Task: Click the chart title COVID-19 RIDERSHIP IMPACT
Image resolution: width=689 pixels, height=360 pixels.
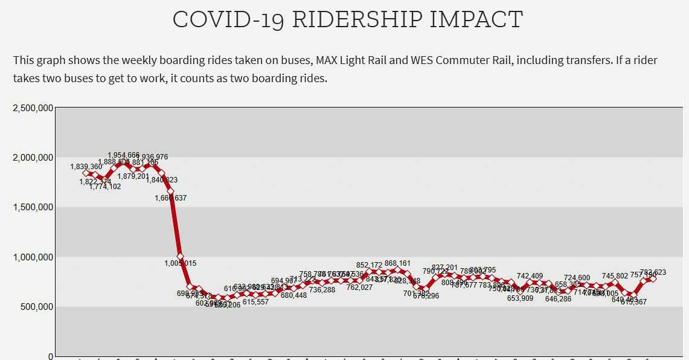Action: [x=347, y=20]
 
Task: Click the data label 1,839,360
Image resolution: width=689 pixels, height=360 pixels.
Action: [x=86, y=167]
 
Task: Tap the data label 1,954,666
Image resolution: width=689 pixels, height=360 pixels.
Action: [x=124, y=155]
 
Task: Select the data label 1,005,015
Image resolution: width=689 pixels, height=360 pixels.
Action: [x=180, y=263]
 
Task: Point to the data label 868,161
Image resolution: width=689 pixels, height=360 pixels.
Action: [x=397, y=264]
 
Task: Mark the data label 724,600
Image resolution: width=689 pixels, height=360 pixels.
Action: [x=577, y=278]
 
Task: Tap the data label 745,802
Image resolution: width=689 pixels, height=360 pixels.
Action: [x=615, y=277]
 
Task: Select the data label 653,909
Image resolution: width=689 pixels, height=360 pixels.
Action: [x=520, y=298]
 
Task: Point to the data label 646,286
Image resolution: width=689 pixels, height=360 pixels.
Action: [x=558, y=298]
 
